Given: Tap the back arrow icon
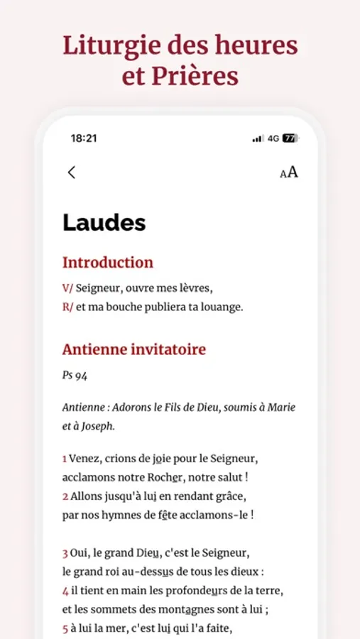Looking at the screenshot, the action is [71, 172].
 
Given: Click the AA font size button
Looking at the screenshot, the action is [288, 173].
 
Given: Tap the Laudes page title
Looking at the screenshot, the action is [104, 222].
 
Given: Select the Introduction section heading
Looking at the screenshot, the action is [107, 262].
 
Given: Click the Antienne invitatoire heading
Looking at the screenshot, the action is [133, 349].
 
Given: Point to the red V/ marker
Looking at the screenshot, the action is [67, 288].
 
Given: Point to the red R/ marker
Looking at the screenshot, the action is [67, 307].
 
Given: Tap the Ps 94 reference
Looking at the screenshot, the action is [75, 375].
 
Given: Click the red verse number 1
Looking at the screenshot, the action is [65, 458].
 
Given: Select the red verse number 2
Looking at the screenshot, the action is [65, 496].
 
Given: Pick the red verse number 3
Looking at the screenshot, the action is [65, 552].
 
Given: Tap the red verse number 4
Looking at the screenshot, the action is [65, 590].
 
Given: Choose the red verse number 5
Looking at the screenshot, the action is [65, 628].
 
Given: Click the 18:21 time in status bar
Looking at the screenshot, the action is [84, 138].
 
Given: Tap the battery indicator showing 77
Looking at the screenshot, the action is [290, 138].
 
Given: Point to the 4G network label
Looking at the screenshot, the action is [273, 138].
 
